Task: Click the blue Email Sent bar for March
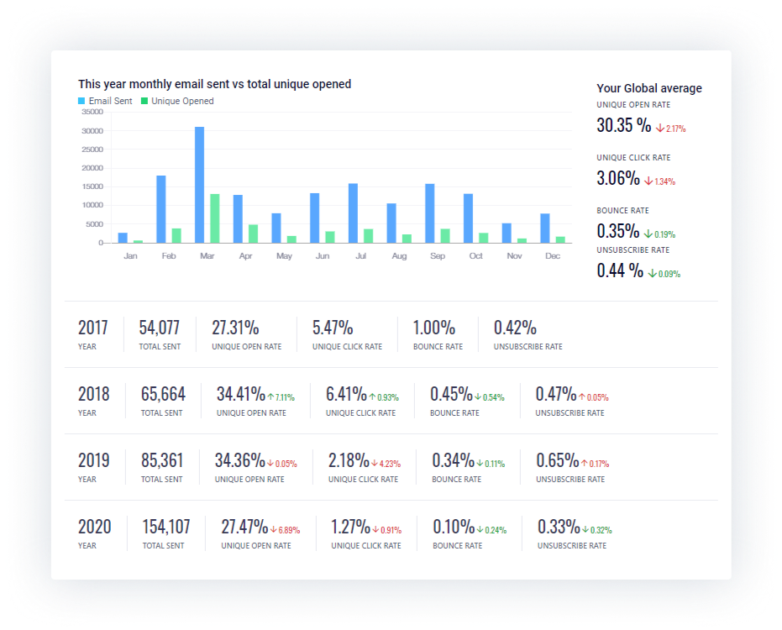click(200, 185)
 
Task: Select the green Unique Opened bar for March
click(215, 218)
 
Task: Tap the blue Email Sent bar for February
click(161, 209)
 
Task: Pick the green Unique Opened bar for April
click(253, 234)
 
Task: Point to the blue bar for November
click(506, 233)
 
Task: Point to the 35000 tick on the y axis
click(92, 112)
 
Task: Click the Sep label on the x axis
click(438, 255)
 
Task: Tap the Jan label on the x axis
click(130, 255)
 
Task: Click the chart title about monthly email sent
click(214, 84)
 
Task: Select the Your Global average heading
click(649, 88)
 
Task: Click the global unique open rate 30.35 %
click(623, 126)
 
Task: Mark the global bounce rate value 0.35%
click(618, 231)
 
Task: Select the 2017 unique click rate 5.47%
click(333, 328)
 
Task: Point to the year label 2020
click(94, 527)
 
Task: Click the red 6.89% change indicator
click(285, 530)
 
